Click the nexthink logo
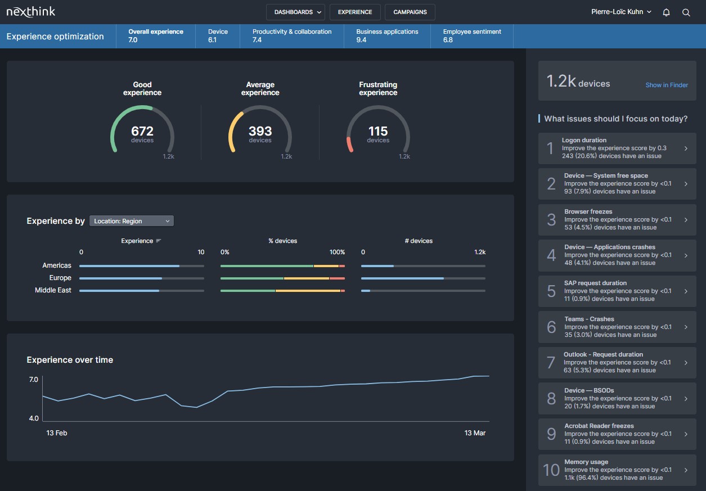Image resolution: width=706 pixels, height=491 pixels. pos(31,12)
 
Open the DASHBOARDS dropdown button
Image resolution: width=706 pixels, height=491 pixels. pos(295,12)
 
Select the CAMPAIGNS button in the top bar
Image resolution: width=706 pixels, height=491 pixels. pos(410,12)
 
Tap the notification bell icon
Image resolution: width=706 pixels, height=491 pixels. pos(666,12)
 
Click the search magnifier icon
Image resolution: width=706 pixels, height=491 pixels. pos(686,12)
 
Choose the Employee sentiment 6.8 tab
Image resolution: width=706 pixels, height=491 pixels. pos(471,36)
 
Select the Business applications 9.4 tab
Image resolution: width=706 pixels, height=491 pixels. pos(387,36)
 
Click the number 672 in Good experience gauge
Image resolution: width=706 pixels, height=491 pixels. pos(142,131)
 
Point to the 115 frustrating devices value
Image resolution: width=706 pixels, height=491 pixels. pos(378,131)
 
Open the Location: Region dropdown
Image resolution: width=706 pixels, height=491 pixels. pos(132,221)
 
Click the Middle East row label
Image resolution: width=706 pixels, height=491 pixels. pos(53,290)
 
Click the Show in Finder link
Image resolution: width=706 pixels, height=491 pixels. pos(667,85)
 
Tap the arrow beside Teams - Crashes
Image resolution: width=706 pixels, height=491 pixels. pos(686,327)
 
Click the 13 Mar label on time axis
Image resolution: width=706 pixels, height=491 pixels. pos(475,433)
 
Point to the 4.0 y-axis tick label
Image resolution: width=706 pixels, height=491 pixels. pos(34,418)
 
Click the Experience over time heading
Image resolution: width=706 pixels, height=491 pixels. pos(70,360)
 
